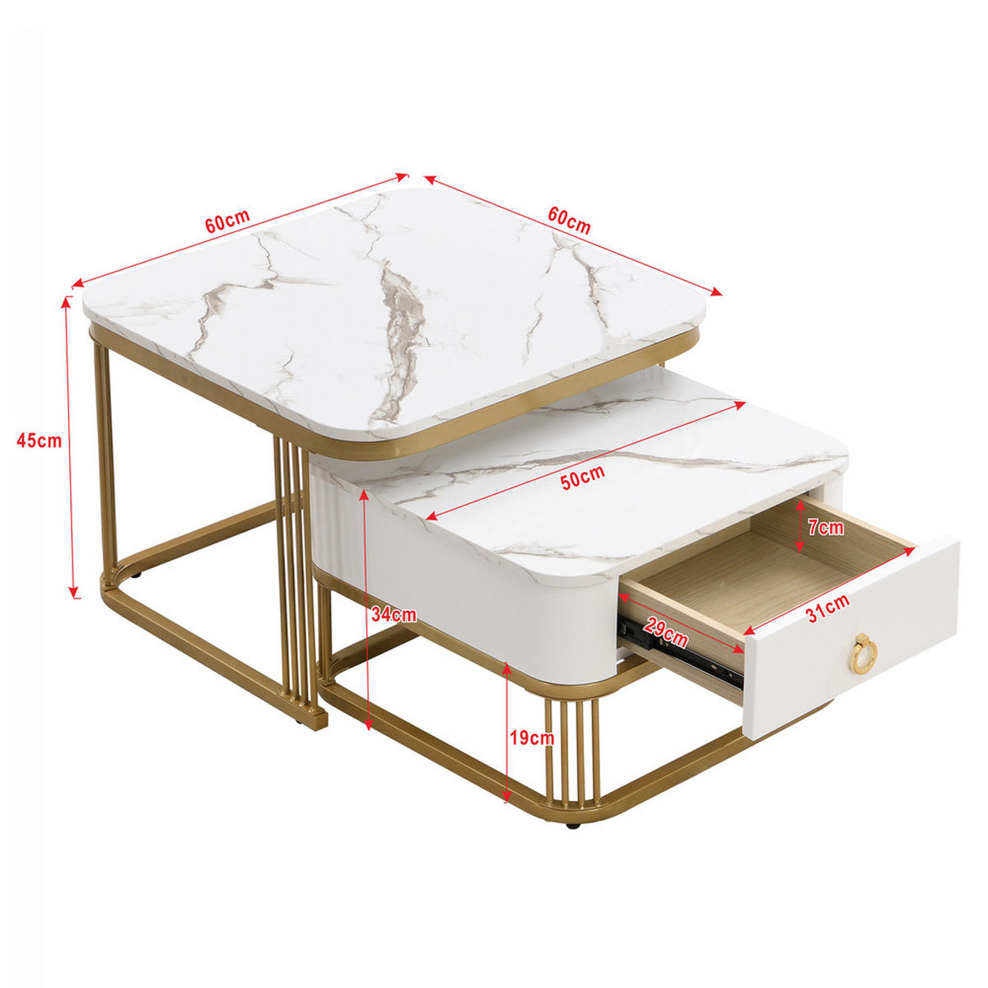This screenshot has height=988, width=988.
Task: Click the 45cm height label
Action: (x=39, y=440)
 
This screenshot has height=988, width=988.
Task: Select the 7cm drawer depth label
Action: (x=826, y=528)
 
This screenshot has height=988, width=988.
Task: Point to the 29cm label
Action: (x=666, y=632)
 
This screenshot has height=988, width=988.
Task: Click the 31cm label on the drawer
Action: (x=827, y=609)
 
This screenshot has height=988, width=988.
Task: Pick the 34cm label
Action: (x=394, y=614)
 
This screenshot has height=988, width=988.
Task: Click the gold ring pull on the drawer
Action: (x=864, y=651)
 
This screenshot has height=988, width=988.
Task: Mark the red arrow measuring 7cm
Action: (x=799, y=525)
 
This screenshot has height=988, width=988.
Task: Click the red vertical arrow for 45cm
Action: (x=71, y=445)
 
